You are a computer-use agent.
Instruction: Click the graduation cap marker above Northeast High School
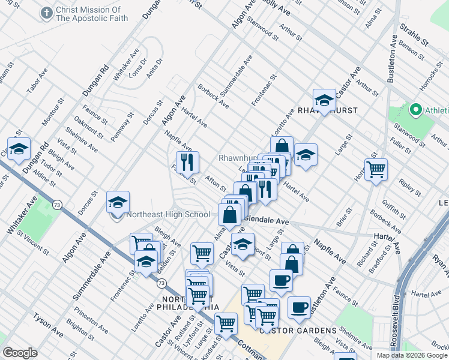pos(118,203)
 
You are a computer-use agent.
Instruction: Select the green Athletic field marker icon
pos(415,110)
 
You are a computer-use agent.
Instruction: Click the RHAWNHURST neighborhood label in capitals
pos(328,111)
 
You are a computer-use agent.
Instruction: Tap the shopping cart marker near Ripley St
pos(376,170)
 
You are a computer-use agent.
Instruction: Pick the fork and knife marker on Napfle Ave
pos(187,161)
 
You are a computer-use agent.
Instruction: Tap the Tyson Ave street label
pos(48,324)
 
